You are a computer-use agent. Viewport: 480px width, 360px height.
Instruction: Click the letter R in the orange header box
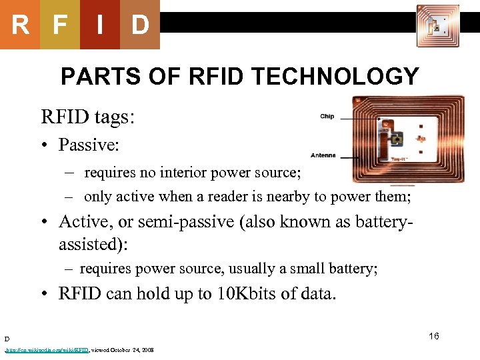20,25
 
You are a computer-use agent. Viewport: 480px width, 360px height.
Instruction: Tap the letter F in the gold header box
60,25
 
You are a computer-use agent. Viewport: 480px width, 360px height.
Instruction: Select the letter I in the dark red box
99,25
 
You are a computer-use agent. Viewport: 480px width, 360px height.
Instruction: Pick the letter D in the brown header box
140,25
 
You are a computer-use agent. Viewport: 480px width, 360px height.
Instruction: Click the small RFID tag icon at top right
437,26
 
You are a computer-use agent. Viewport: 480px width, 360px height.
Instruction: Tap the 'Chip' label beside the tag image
327,117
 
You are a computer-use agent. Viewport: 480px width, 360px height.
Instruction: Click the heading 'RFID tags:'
88,118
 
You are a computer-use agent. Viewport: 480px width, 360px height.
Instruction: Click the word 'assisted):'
93,245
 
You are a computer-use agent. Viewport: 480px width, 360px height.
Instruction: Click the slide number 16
434,336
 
